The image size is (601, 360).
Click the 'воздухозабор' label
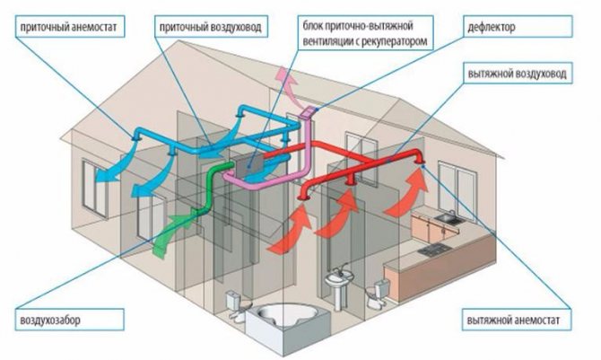pyautogui.click(x=56, y=320)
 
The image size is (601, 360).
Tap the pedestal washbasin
pyautogui.click(x=338, y=288)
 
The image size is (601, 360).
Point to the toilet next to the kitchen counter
pyautogui.click(x=381, y=288)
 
